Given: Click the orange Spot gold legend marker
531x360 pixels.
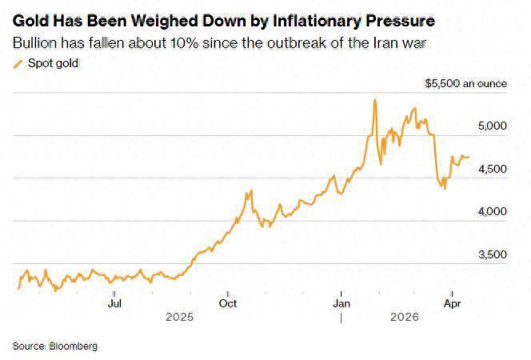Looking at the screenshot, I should point(18,63).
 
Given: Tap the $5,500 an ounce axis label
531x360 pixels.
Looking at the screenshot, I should point(466,83).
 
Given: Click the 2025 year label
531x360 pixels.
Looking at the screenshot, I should point(180,317).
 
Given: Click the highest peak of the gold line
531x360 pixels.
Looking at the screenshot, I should point(375,100).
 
